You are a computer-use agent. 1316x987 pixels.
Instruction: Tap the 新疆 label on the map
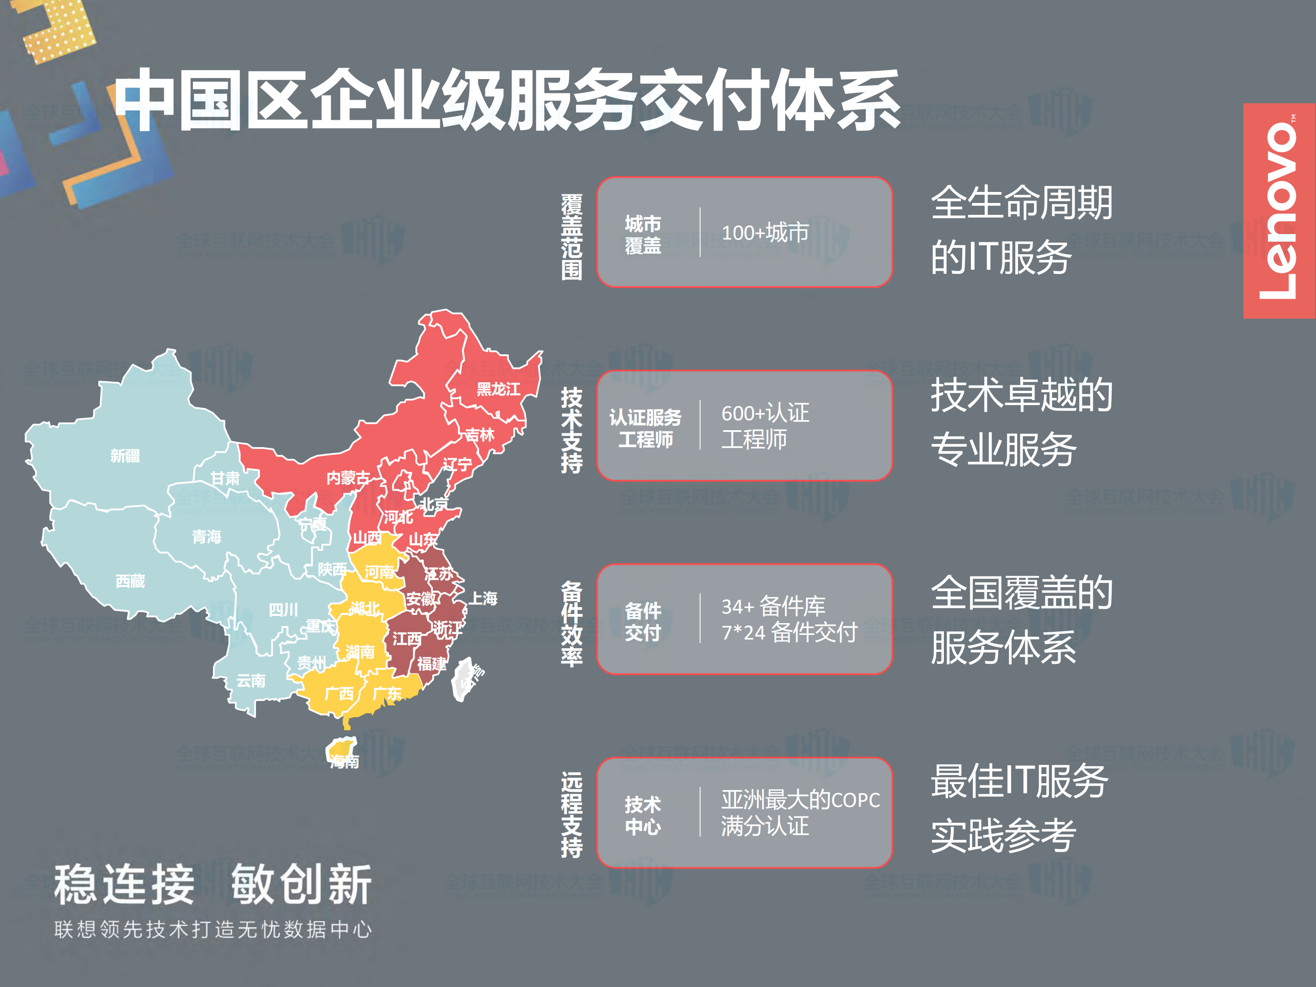pyautogui.click(x=125, y=456)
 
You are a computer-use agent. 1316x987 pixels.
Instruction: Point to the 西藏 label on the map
pyautogui.click(x=130, y=581)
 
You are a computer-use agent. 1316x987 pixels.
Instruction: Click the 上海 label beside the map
pyautogui.click(x=483, y=598)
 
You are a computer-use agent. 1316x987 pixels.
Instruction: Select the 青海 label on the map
pyautogui.click(x=207, y=537)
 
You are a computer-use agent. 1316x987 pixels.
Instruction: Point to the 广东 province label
pyautogui.click(x=387, y=693)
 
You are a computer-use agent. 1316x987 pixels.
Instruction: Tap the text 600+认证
pyautogui.click(x=765, y=413)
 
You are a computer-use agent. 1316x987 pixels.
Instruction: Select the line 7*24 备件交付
pyautogui.click(x=789, y=632)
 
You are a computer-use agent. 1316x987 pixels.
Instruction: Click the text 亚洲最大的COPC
pyautogui.click(x=800, y=800)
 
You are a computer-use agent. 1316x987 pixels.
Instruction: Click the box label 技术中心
pyautogui.click(x=643, y=815)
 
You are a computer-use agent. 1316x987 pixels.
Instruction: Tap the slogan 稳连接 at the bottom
pyautogui.click(x=124, y=885)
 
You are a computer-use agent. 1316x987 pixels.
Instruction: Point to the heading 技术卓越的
pyautogui.click(x=1021, y=395)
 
